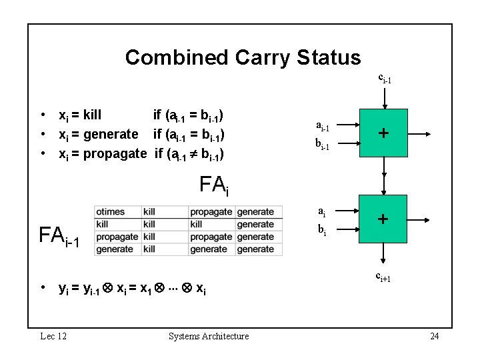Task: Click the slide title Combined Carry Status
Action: coord(243,57)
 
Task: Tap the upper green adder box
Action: coord(383,133)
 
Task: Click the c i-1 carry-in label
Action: coord(385,78)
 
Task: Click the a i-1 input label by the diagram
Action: coord(322,127)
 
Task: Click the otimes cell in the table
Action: coord(111,212)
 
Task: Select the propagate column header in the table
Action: coord(211,212)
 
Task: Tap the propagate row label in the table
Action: coord(117,237)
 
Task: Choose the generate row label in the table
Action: coord(115,249)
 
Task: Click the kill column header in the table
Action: coord(149,212)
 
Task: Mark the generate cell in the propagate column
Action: coord(209,249)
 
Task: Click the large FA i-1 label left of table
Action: coord(60,237)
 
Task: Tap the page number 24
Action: coord(434,336)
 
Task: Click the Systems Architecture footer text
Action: coord(209,336)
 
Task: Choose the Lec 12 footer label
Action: coord(53,336)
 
